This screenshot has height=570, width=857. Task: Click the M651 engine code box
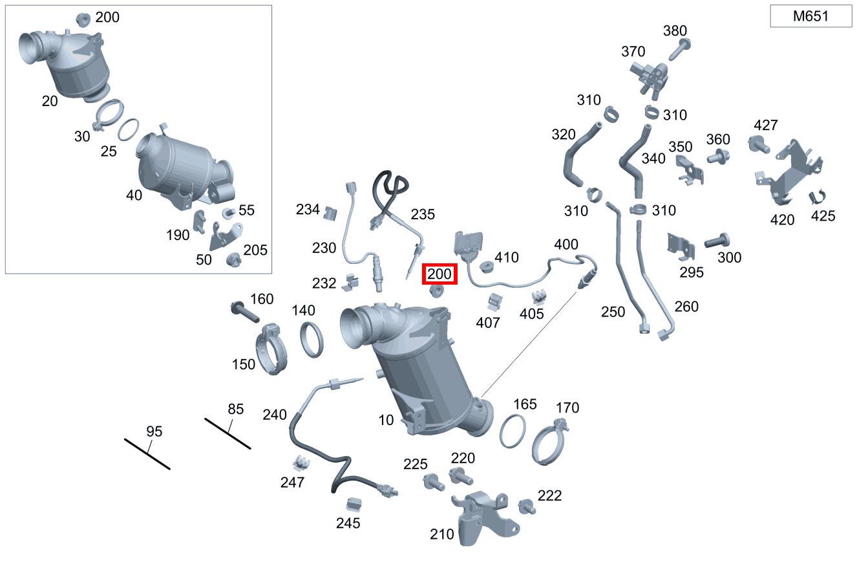(810, 16)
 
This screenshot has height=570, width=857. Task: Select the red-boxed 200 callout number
(439, 274)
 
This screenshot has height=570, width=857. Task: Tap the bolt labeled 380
(680, 50)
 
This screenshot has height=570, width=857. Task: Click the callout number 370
(633, 51)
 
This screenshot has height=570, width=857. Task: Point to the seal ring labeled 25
(129, 130)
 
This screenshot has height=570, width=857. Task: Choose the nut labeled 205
(233, 261)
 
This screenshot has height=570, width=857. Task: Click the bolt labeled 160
(245, 312)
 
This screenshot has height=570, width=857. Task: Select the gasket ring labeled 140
(312, 340)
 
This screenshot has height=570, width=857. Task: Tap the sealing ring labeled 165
(513, 431)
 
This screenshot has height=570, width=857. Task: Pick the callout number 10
(386, 421)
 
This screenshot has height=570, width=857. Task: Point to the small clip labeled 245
(354, 505)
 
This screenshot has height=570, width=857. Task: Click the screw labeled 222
(527, 507)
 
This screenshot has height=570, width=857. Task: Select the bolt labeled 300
(717, 241)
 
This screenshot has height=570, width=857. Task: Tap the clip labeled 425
(817, 197)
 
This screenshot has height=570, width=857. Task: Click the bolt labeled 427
(759, 144)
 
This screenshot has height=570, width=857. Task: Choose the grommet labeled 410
(487, 267)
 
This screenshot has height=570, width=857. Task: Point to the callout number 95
(154, 432)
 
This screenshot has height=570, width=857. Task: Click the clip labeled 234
(330, 214)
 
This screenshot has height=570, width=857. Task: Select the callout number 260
(686, 307)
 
